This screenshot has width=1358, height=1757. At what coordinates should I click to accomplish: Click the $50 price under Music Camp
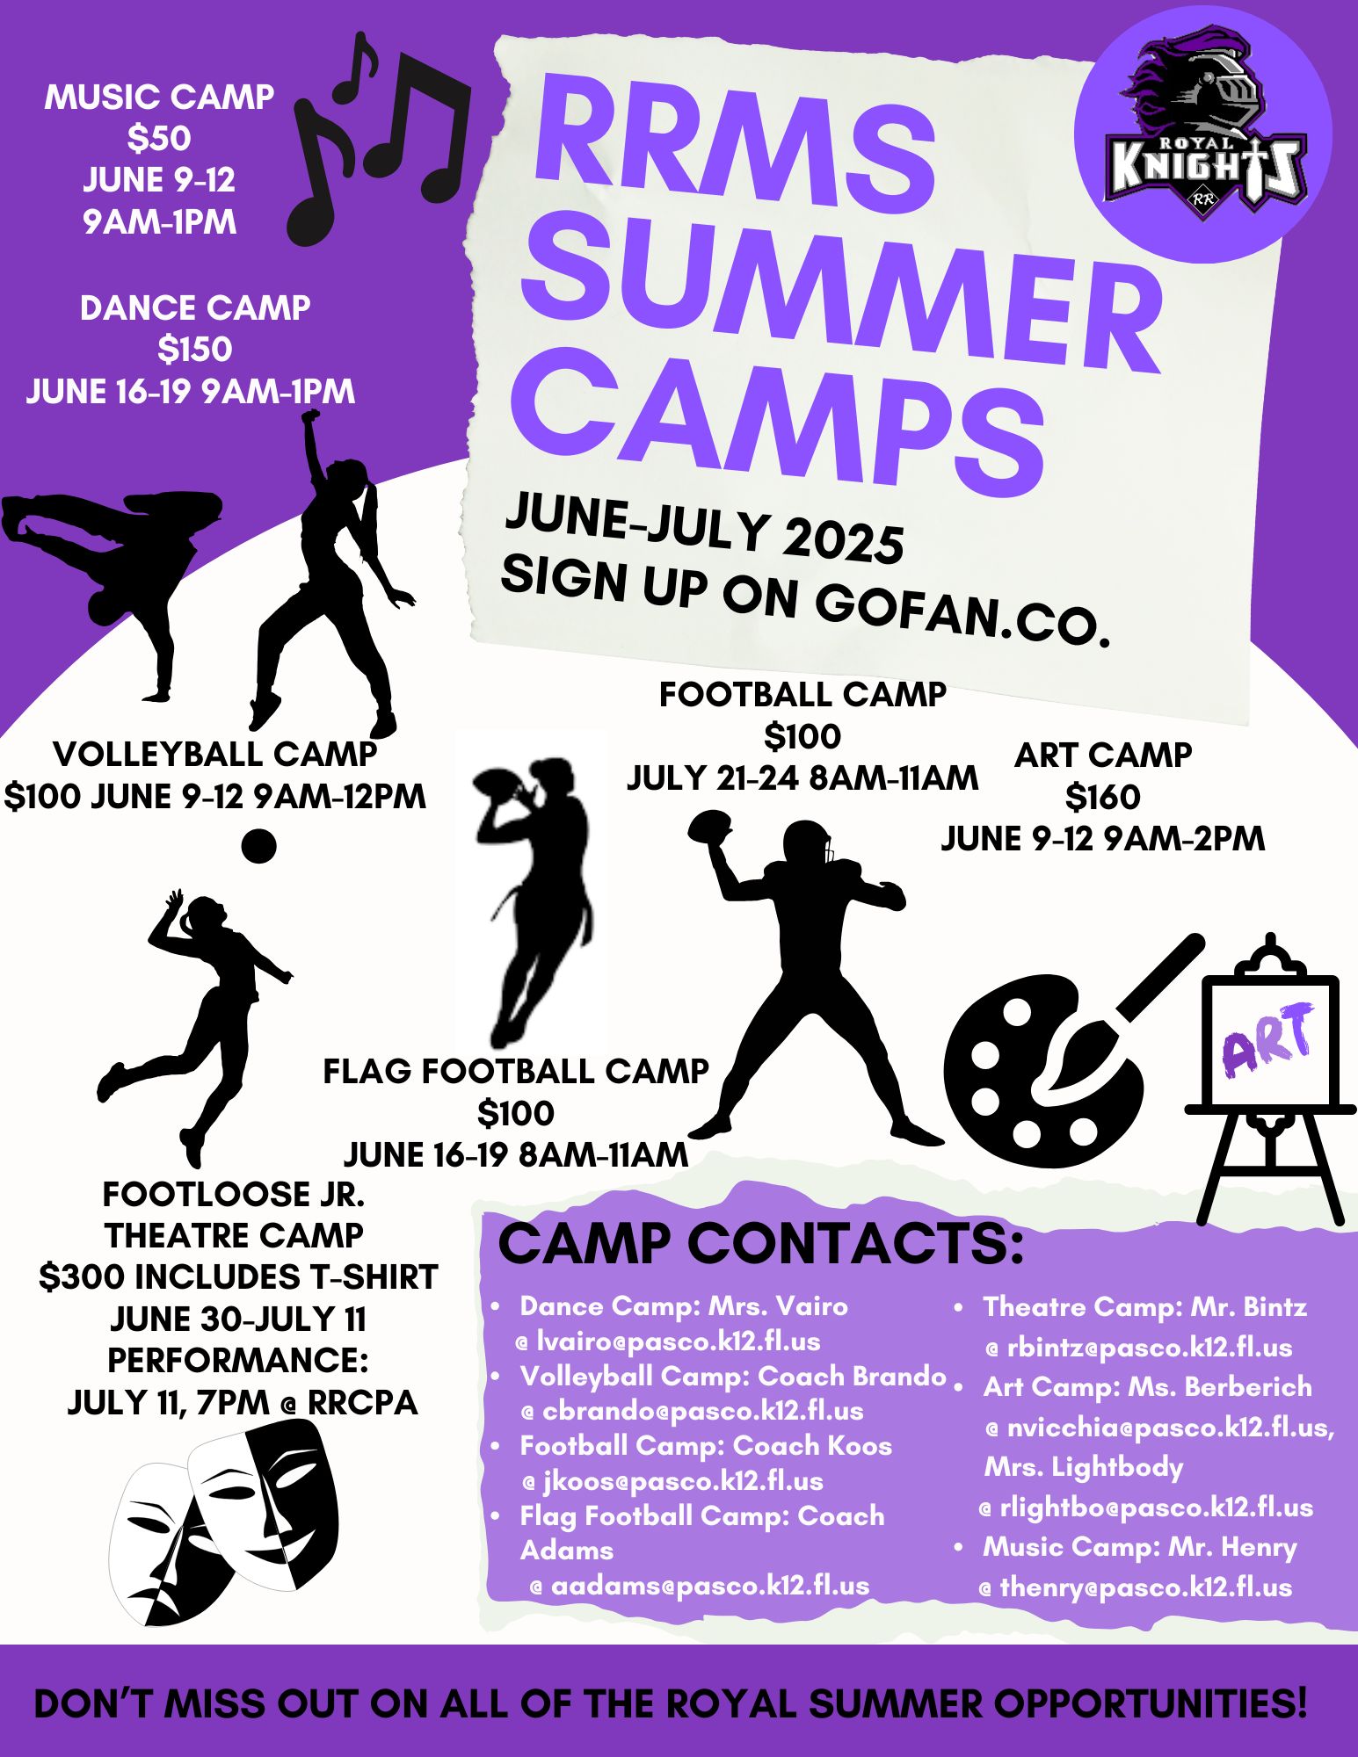159,139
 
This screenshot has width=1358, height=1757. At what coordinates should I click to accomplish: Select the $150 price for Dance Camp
195,350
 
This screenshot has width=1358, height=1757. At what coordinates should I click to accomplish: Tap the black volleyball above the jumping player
258,846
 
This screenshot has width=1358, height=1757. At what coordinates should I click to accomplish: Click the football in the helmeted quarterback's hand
709,826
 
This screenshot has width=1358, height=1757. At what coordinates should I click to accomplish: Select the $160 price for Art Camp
1102,797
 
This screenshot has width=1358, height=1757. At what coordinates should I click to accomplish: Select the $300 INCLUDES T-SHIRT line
238,1277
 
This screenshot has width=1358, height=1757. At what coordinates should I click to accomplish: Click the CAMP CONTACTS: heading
761,1244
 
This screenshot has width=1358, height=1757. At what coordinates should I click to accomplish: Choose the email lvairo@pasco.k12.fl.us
679,1341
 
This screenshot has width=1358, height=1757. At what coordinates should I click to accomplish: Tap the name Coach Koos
812,1445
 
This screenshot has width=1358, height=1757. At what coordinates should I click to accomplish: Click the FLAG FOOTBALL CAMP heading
516,1071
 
